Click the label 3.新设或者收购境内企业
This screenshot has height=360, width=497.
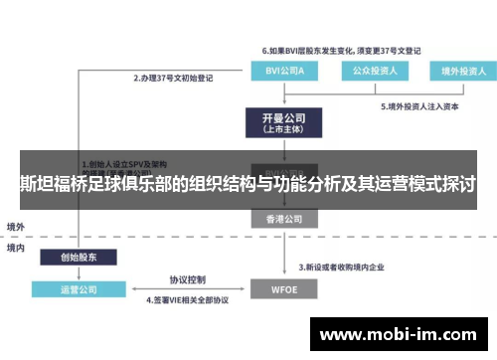coord(349,267)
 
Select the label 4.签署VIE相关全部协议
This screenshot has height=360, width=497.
coord(189,300)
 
